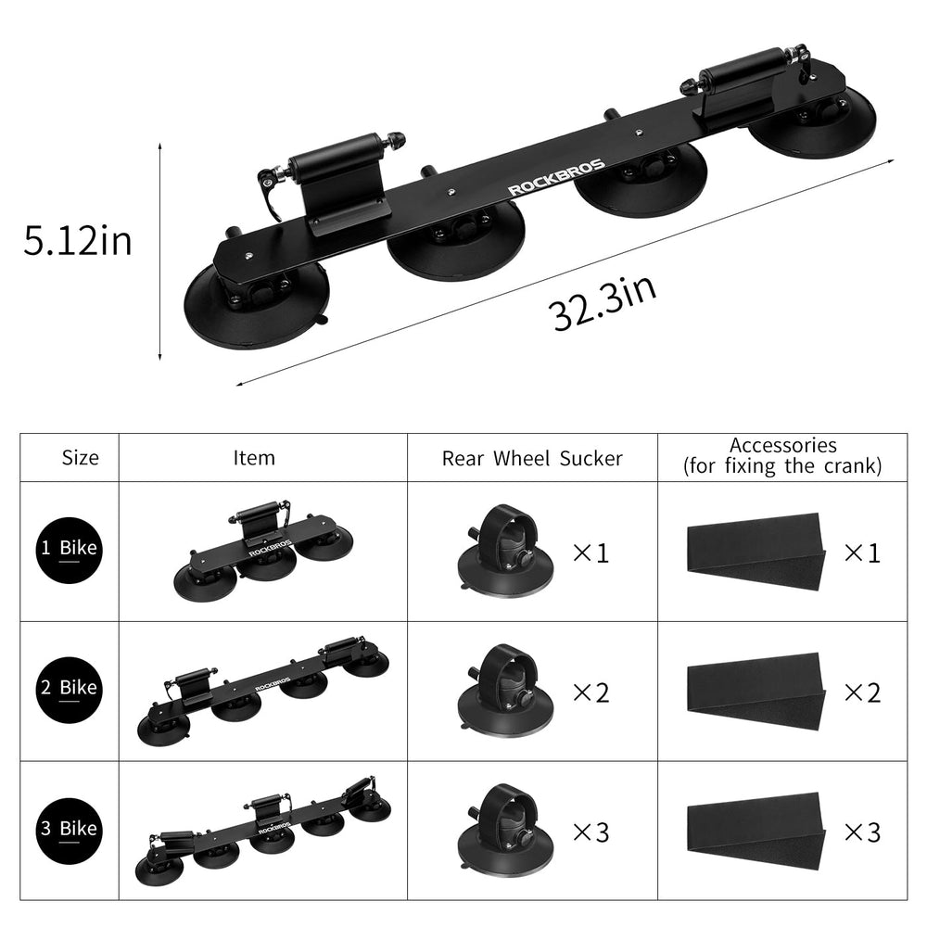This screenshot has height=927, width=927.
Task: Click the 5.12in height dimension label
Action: (78, 243)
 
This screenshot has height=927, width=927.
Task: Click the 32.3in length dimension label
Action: (605, 302)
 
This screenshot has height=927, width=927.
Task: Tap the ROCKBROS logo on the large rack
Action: (555, 178)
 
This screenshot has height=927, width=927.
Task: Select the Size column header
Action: (80, 457)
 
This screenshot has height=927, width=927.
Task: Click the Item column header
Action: (254, 457)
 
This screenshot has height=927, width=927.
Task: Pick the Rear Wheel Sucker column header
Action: (532, 457)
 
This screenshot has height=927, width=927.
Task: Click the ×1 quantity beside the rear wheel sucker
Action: (590, 553)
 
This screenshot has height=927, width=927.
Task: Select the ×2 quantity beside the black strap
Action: (861, 692)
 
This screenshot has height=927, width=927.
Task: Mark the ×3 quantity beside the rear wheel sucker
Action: (590, 832)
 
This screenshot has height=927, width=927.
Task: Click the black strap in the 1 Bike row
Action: (755, 552)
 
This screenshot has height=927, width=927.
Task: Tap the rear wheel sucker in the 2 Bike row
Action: (507, 691)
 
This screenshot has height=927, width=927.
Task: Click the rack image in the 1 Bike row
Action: (265, 553)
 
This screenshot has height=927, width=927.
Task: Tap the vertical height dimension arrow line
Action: (160, 250)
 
